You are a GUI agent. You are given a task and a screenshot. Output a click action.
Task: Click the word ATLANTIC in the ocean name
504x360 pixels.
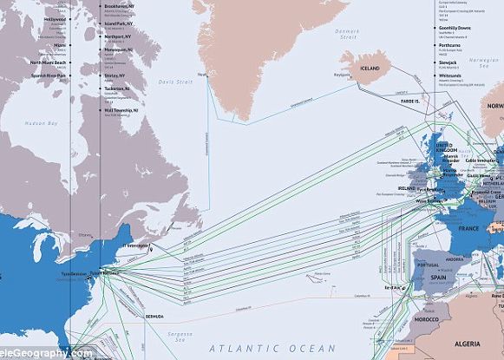click(241, 348)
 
